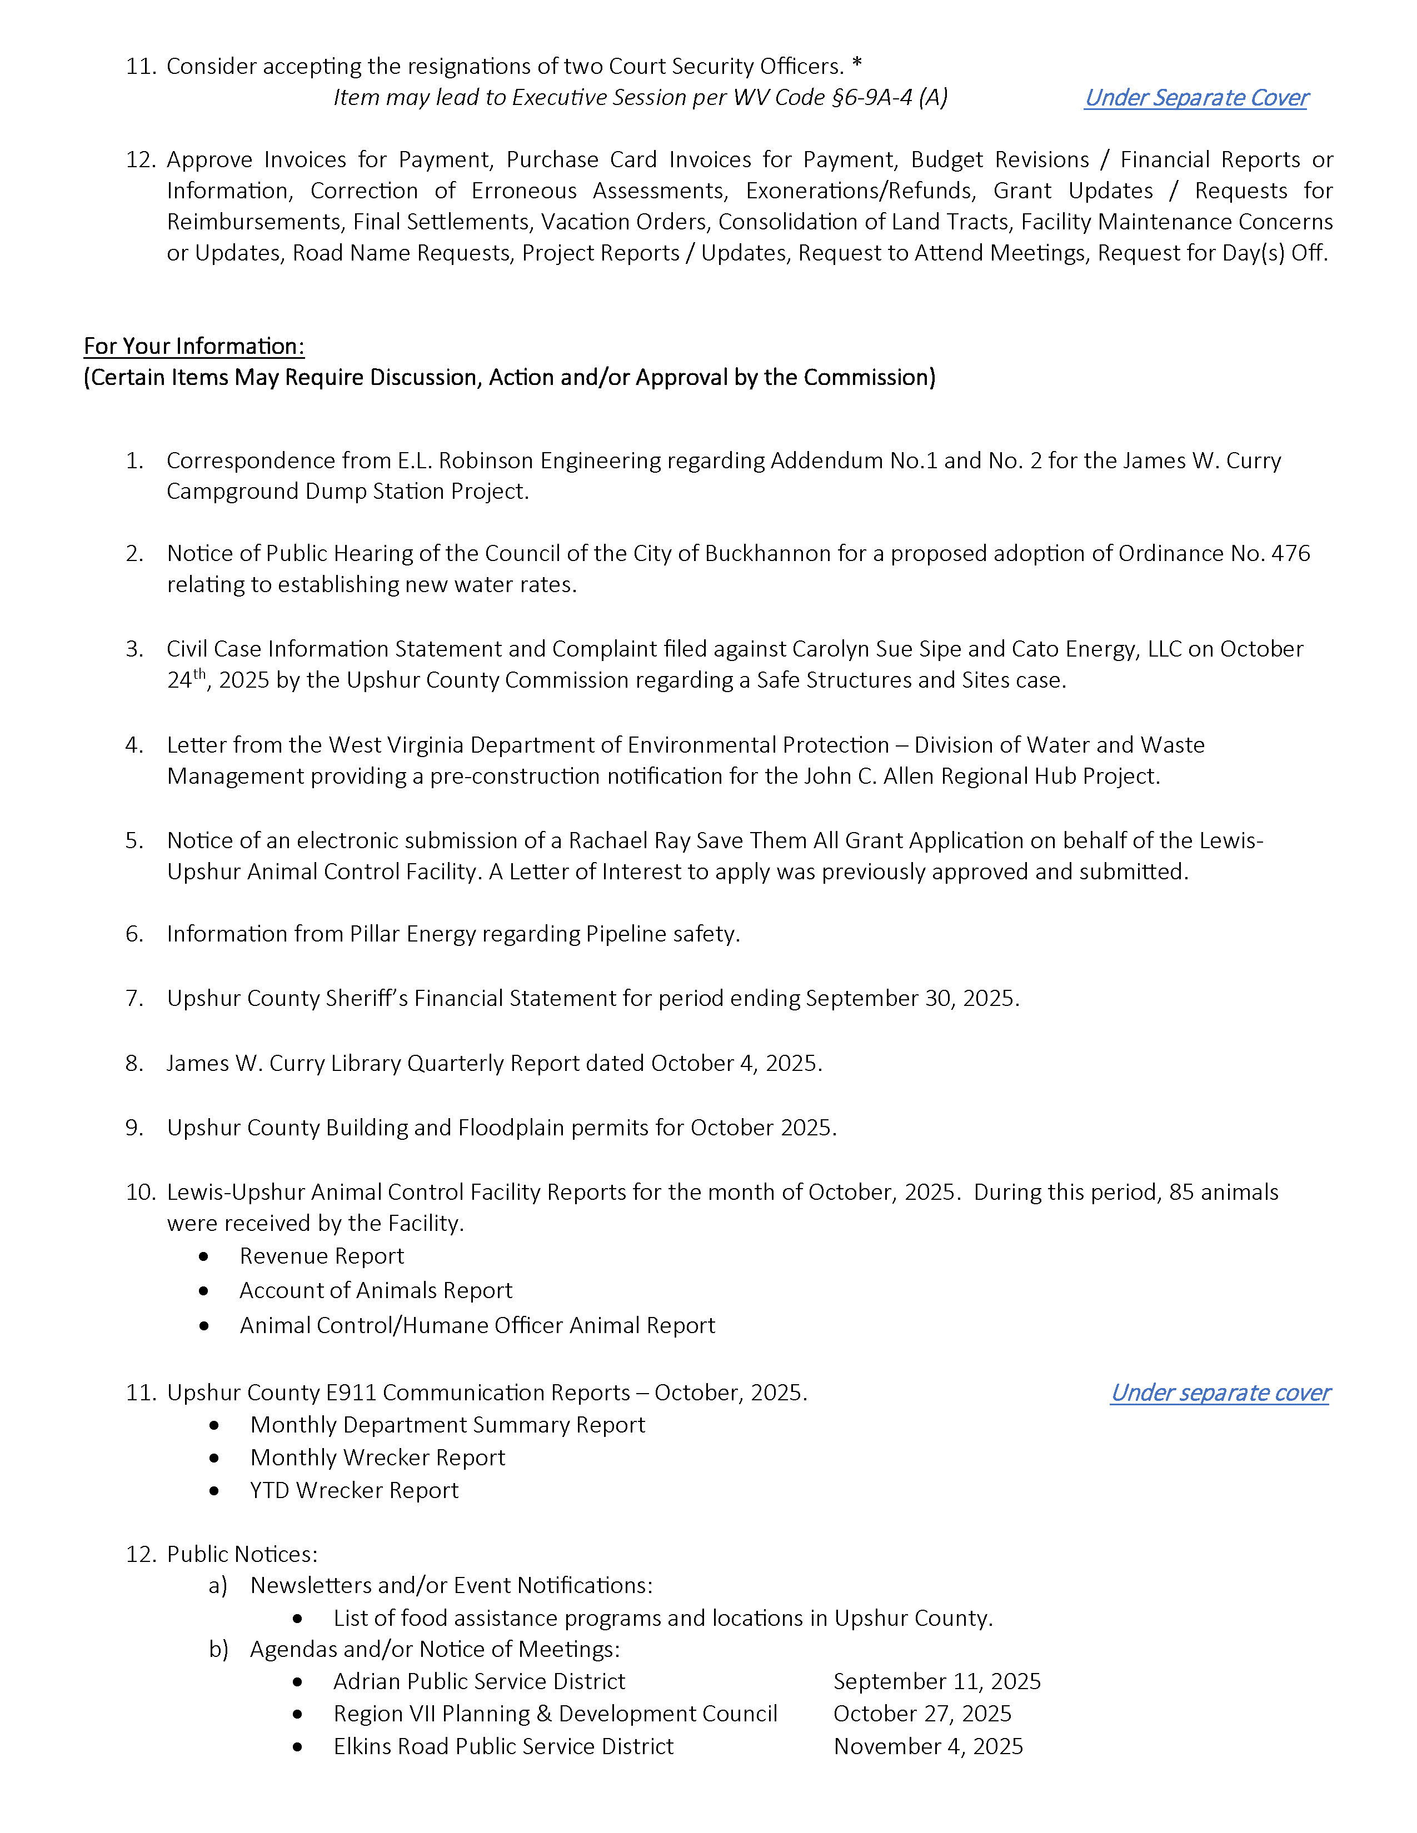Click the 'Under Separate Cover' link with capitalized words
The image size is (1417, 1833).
coord(1195,98)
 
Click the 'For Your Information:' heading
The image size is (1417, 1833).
coord(194,346)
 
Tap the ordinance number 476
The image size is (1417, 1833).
coord(1290,553)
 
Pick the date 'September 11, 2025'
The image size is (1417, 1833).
coord(937,1681)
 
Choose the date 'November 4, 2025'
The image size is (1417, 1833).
coord(927,1746)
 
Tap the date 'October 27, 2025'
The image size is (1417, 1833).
coord(922,1713)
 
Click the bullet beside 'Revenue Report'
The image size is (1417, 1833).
coord(204,1256)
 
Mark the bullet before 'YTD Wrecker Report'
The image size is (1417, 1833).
coord(215,1491)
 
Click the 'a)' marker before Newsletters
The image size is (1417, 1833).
coord(218,1585)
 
